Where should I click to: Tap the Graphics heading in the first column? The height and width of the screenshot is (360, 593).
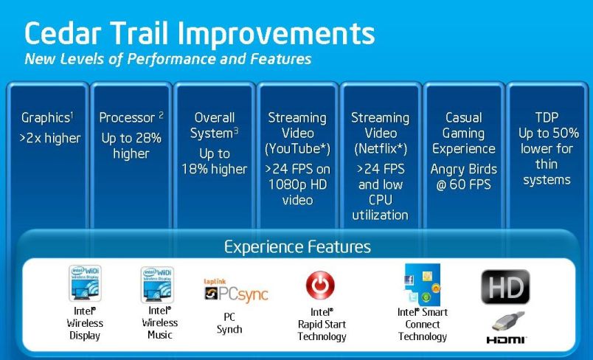pyautogui.click(x=46, y=117)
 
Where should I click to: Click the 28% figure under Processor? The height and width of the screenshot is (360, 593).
pyautogui.click(x=147, y=138)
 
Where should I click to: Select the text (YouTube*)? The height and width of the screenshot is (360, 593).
pyautogui.click(x=297, y=148)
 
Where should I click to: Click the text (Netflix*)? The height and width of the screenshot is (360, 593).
pyautogui.click(x=381, y=148)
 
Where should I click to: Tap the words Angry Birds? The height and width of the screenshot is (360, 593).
pyautogui.click(x=464, y=169)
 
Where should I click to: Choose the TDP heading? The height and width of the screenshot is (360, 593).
pyautogui.click(x=547, y=117)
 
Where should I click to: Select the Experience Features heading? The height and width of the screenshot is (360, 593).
pyautogui.click(x=297, y=247)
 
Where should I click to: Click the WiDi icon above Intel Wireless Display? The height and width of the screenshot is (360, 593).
pyautogui.click(x=85, y=283)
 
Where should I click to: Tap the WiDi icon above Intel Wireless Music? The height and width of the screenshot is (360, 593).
pyautogui.click(x=157, y=284)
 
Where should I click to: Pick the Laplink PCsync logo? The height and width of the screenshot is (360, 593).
pyautogui.click(x=236, y=291)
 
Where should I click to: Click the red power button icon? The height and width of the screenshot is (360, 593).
pyautogui.click(x=320, y=285)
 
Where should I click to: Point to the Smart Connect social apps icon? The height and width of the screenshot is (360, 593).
pyautogui.click(x=423, y=285)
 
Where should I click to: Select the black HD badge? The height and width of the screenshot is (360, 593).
pyautogui.click(x=505, y=287)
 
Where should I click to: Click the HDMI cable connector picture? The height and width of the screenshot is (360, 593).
pyautogui.click(x=508, y=322)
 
